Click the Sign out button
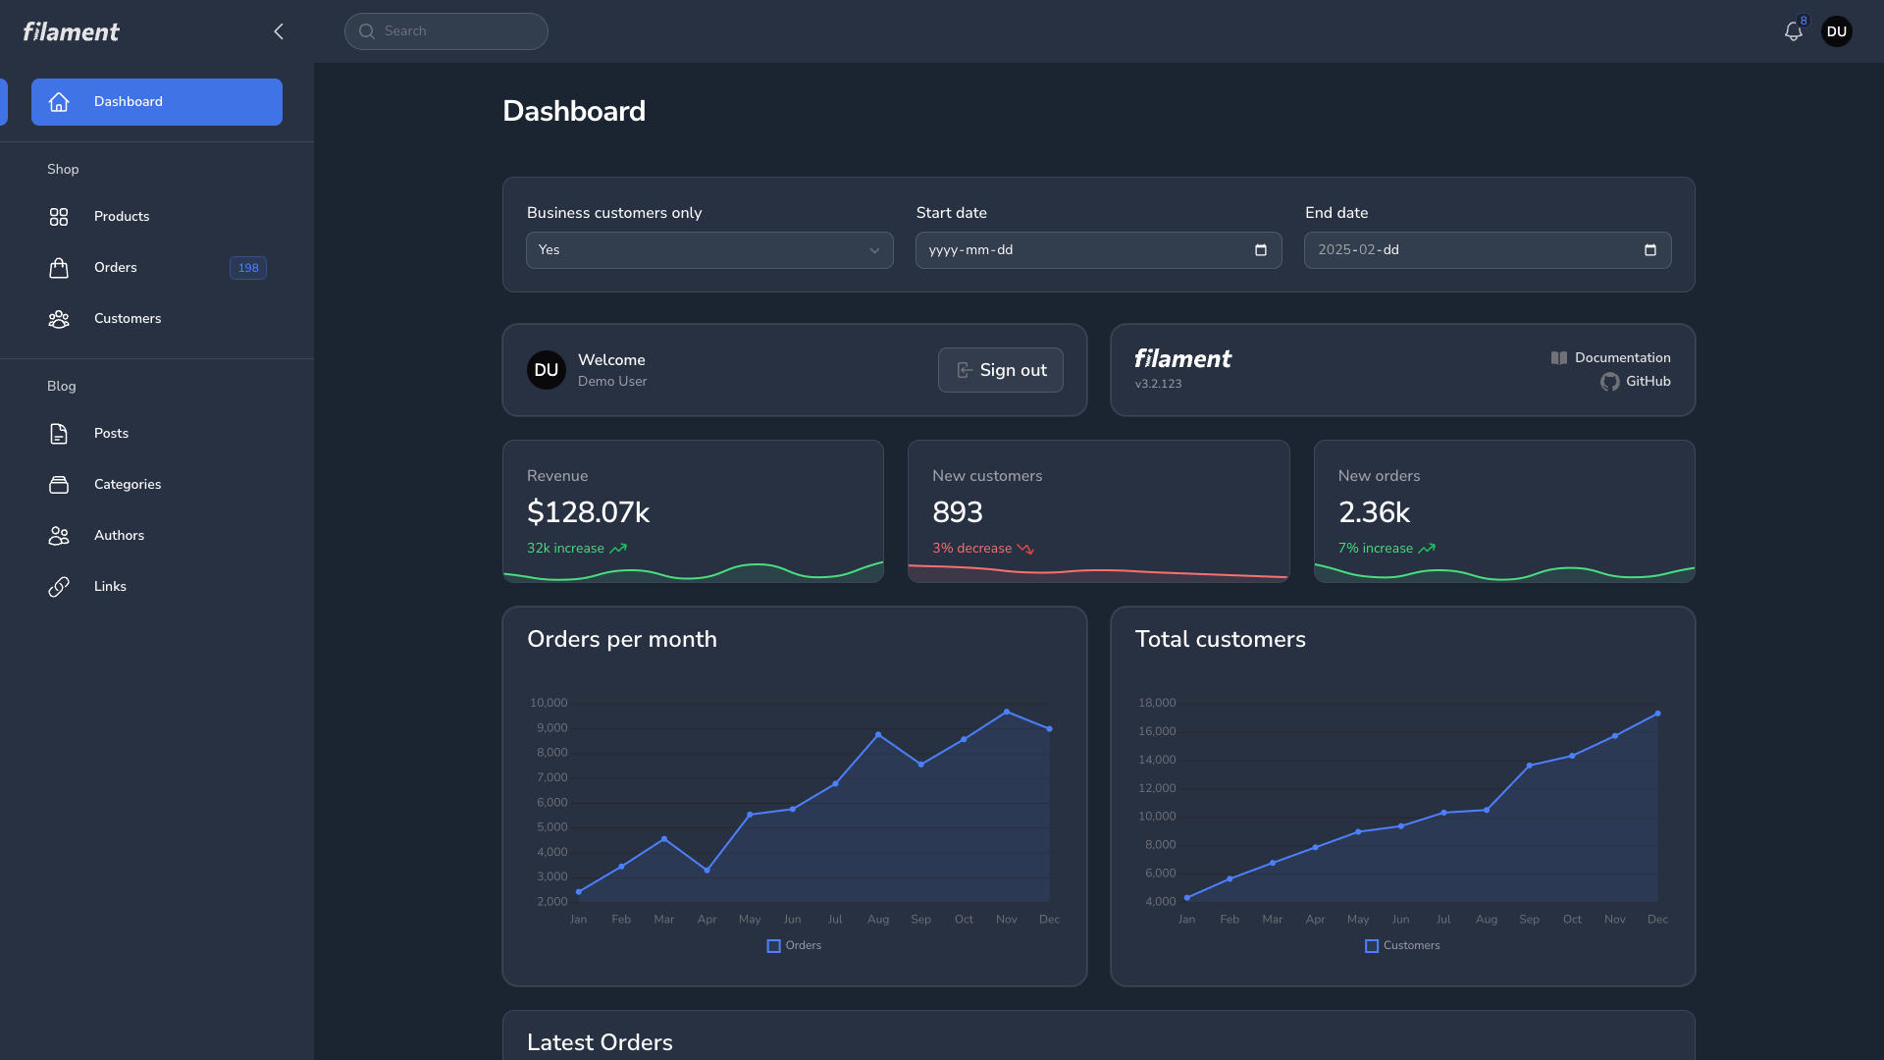click(x=1000, y=370)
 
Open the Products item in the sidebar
click(x=122, y=217)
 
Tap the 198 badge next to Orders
click(x=248, y=268)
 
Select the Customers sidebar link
click(x=128, y=319)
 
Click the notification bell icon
click(x=1793, y=31)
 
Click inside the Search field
click(x=446, y=31)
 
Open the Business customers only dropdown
click(x=709, y=250)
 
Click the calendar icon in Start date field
click(x=1261, y=250)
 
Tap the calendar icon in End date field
click(x=1650, y=250)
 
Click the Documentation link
click(x=1621, y=358)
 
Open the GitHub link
click(x=1647, y=382)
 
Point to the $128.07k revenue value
click(x=588, y=512)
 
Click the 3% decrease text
click(x=971, y=549)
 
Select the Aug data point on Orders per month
click(x=878, y=734)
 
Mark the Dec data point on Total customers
click(x=1657, y=714)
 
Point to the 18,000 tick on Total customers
click(x=1157, y=703)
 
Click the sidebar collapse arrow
click(x=279, y=31)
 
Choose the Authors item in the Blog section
click(x=119, y=536)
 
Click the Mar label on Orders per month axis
click(x=664, y=920)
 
